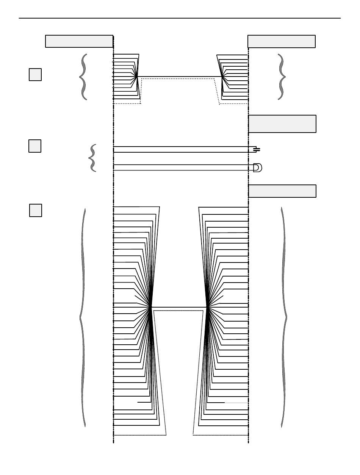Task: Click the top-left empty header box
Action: point(79,41)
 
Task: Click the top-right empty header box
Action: point(281,41)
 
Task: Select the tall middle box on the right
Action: point(282,124)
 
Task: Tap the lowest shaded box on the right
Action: point(282,191)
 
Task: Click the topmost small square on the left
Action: point(35,75)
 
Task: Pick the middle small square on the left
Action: point(35,146)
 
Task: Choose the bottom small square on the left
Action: point(36,210)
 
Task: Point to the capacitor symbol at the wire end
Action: point(257,150)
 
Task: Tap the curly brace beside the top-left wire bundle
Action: point(83,77)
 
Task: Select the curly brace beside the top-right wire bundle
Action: point(281,77)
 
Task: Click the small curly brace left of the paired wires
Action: point(92,158)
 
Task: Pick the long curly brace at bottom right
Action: point(284,317)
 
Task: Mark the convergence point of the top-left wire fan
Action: point(137,77)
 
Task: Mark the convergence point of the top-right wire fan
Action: point(222,77)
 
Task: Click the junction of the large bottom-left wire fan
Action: point(151,307)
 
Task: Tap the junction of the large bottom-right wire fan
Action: point(207,307)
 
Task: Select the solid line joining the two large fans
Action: point(179,307)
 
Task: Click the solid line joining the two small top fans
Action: point(179,77)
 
